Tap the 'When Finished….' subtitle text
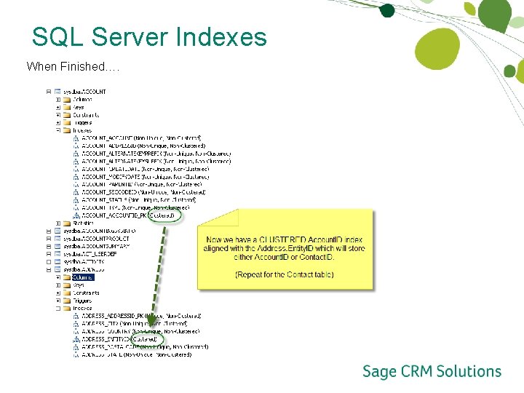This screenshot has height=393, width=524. tap(73, 67)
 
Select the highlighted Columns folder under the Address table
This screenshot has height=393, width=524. tap(82, 277)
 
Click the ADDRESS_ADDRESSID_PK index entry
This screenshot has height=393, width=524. tap(114, 316)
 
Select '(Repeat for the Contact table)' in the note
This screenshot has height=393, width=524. tap(285, 274)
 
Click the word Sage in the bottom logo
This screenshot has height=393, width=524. tap(379, 372)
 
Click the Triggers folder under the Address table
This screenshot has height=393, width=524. tap(82, 301)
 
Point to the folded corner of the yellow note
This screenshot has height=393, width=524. tap(229, 218)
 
